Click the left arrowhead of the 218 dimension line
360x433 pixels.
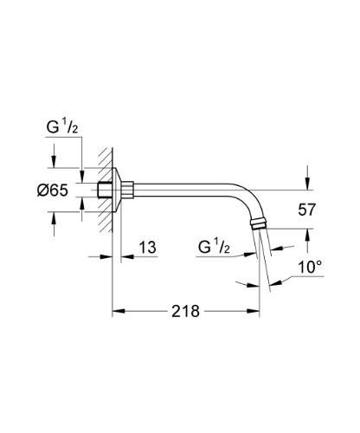coord(118,310)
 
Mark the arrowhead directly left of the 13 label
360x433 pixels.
coord(127,257)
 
